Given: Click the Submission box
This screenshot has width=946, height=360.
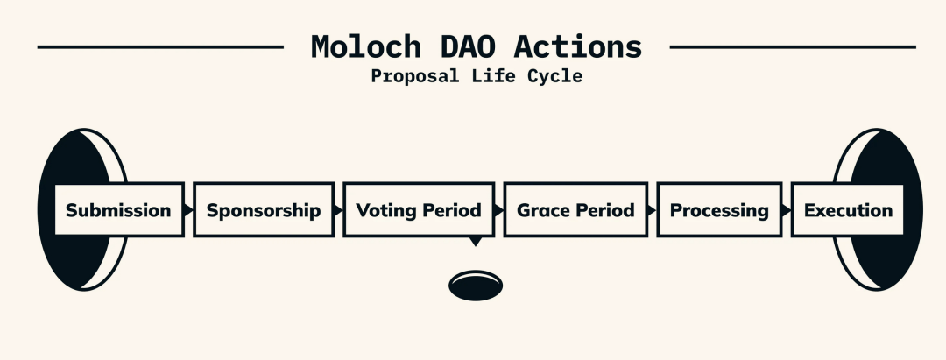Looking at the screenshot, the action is click(119, 209).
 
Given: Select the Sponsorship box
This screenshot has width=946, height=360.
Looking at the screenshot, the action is click(264, 209).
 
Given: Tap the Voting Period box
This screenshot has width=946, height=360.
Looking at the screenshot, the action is click(419, 209).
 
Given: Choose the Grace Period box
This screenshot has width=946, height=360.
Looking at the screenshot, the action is click(575, 209).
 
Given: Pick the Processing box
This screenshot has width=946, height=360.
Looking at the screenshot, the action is click(719, 209).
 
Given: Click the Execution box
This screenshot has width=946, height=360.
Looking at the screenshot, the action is click(848, 209).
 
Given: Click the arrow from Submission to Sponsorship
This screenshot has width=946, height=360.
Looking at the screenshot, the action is click(189, 210).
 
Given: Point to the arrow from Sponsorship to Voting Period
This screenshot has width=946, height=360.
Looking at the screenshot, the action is click(338, 210).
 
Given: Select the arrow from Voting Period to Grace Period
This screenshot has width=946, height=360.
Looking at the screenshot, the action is click(499, 210).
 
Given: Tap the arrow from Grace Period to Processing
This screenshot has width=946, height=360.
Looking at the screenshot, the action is click(653, 210).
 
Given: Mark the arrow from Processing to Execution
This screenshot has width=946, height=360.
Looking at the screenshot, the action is click(786, 210).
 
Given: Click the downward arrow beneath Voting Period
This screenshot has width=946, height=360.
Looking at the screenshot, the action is click(476, 241).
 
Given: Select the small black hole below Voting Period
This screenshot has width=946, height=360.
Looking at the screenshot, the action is click(476, 286).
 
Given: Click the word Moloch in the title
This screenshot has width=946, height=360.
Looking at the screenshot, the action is click(366, 46).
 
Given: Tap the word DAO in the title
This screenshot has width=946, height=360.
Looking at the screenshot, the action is click(468, 46).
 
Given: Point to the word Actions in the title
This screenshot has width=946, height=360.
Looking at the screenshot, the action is click(578, 46).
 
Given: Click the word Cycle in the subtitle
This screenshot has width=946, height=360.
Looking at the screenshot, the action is click(555, 76).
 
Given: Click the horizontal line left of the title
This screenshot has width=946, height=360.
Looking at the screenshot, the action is click(160, 46).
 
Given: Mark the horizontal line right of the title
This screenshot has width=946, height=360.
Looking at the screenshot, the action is click(793, 46).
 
